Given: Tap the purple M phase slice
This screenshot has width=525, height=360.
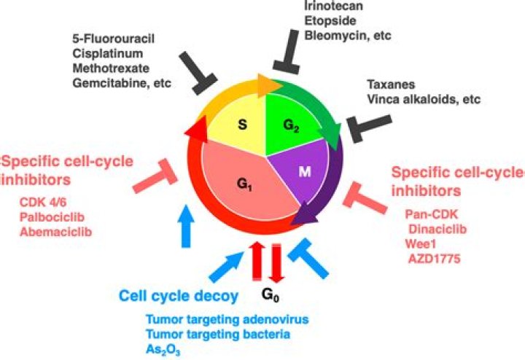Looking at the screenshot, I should (x=305, y=172).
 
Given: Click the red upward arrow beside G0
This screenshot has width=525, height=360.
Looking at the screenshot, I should (x=255, y=264).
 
